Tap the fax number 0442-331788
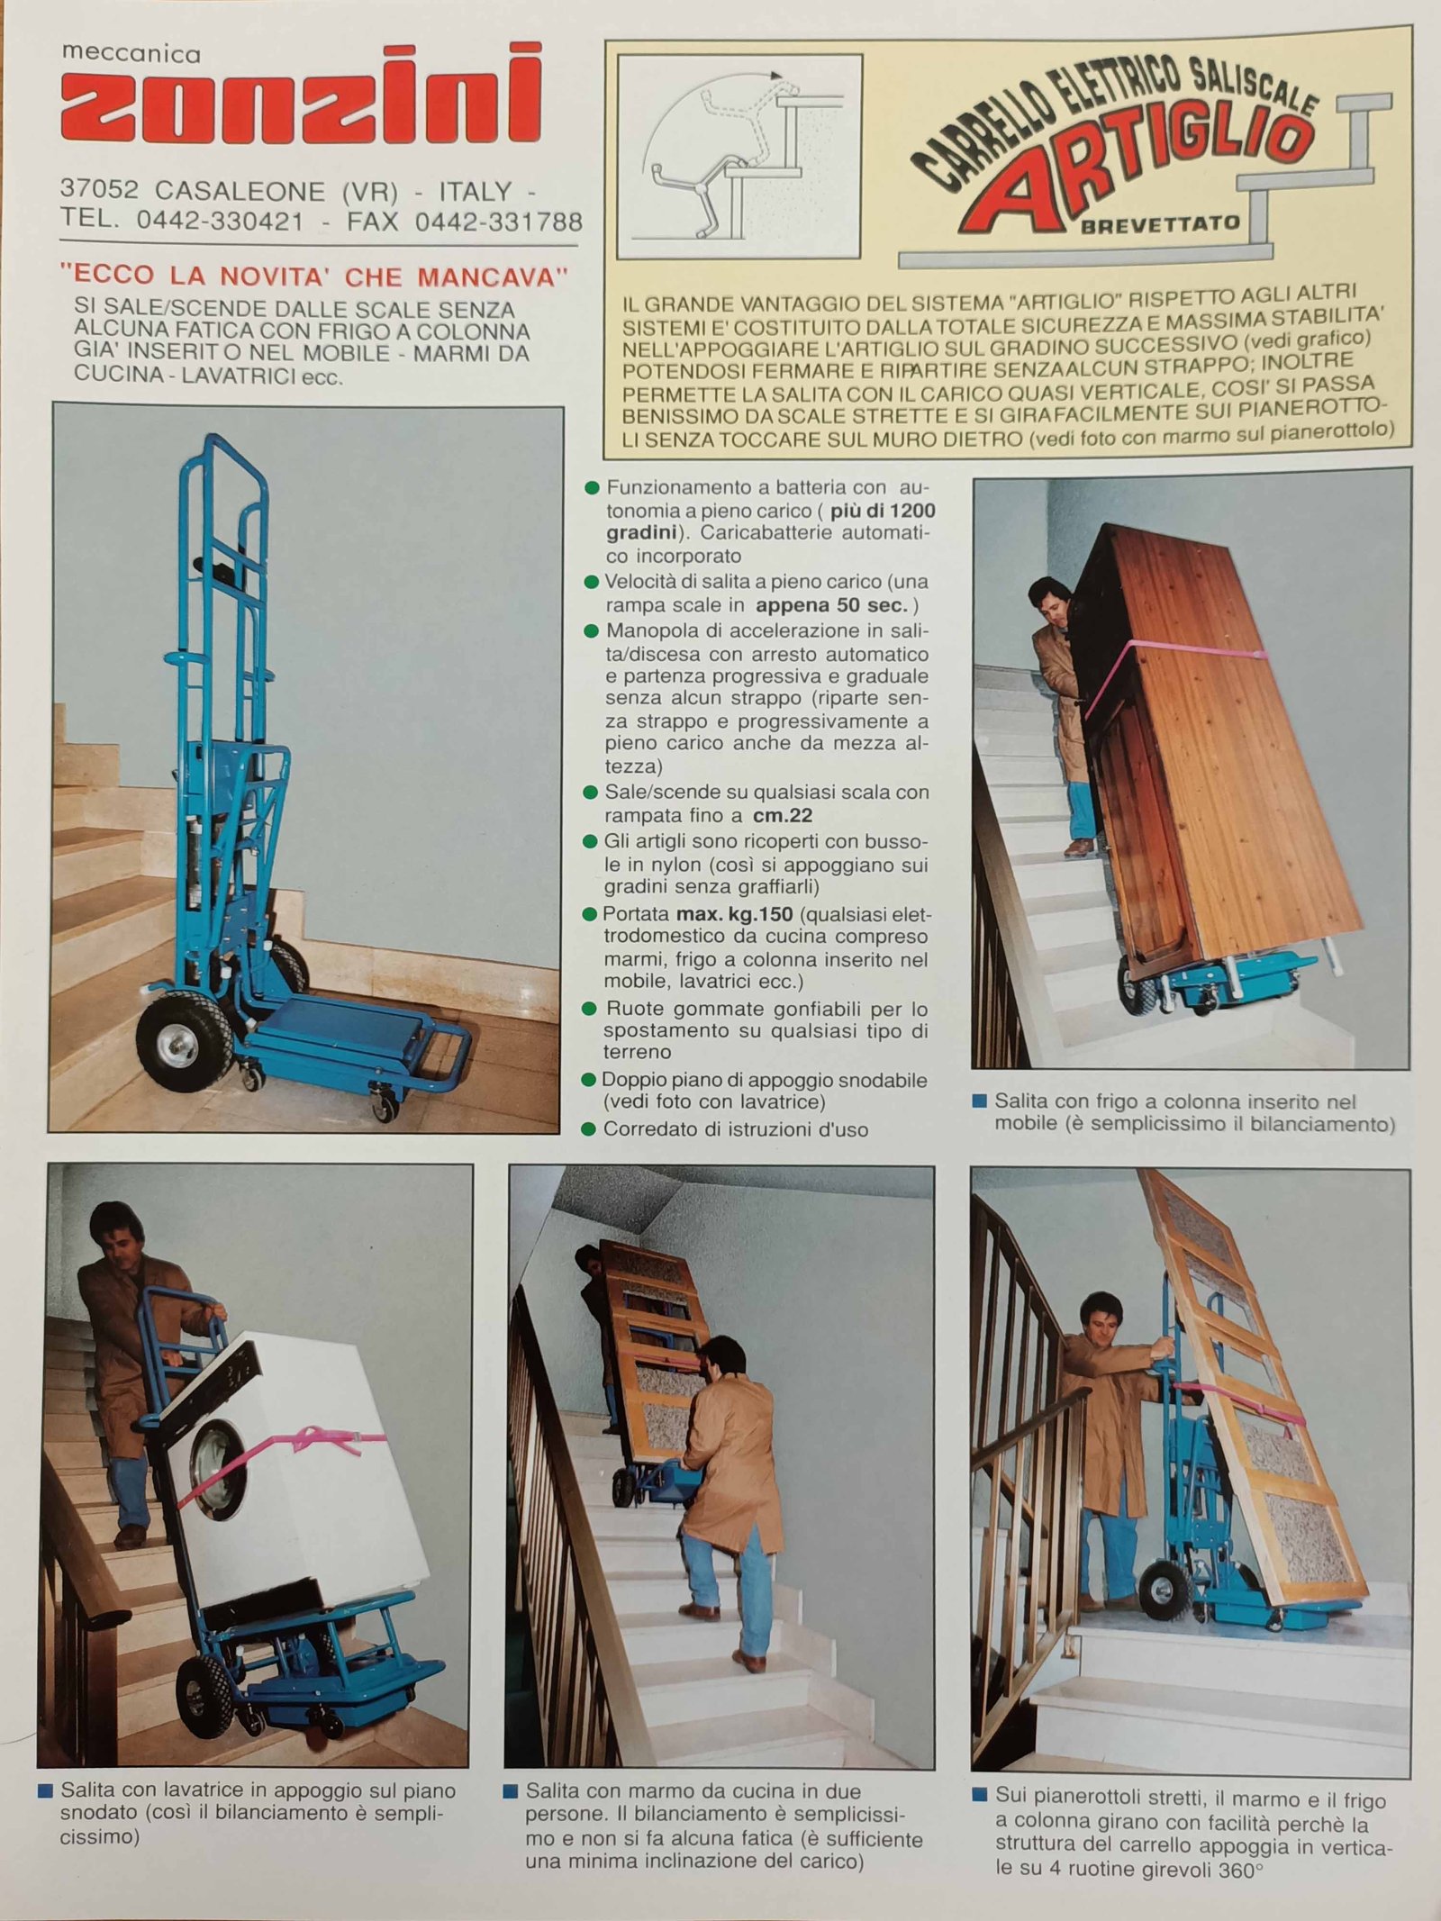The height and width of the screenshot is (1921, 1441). point(498,222)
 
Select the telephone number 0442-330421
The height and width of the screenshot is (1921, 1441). point(220,221)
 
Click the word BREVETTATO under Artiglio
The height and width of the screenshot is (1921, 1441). point(1161,223)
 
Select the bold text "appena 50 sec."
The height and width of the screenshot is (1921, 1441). point(833,604)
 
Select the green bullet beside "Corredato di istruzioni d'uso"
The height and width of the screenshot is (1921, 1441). point(590,1129)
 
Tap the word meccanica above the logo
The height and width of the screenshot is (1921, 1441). point(131,54)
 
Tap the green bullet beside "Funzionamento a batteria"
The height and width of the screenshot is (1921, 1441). point(592,488)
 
